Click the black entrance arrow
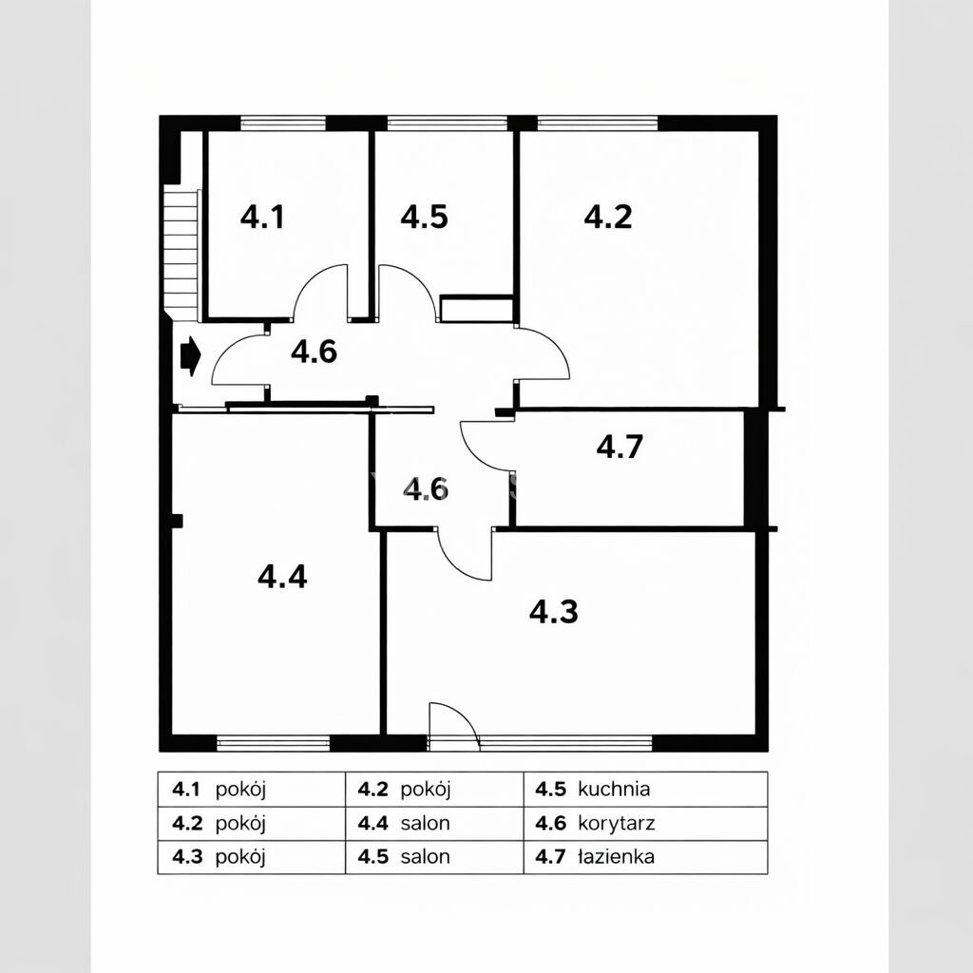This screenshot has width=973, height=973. tap(190, 356)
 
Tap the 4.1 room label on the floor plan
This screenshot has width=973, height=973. tap(262, 218)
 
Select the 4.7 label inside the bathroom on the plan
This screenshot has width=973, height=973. tap(620, 447)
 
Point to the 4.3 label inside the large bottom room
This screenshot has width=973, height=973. tap(554, 611)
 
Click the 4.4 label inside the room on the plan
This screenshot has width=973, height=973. tap(282, 577)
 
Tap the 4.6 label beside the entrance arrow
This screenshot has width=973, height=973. tap(314, 352)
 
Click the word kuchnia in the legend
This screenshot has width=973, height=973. tap(614, 789)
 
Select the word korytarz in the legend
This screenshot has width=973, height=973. tap(616, 824)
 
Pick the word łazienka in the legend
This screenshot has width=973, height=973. tap(616, 857)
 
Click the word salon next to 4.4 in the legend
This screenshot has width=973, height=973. tap(425, 824)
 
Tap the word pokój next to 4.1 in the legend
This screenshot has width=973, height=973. tap(240, 790)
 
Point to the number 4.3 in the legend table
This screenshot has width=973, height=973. tap(187, 857)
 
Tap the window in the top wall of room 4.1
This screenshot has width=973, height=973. tap(283, 123)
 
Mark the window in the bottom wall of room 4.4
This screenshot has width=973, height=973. tap(273, 743)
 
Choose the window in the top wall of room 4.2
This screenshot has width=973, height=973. tap(597, 123)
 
